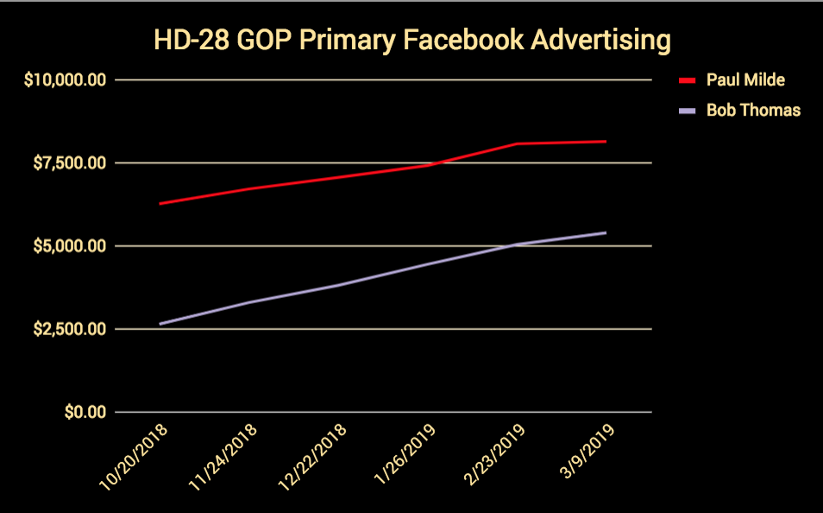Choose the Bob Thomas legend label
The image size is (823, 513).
click(753, 111)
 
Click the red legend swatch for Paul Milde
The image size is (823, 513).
click(687, 80)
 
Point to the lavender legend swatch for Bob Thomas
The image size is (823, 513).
click(687, 111)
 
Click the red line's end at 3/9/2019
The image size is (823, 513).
click(606, 141)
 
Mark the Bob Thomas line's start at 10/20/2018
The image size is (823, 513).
click(160, 324)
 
